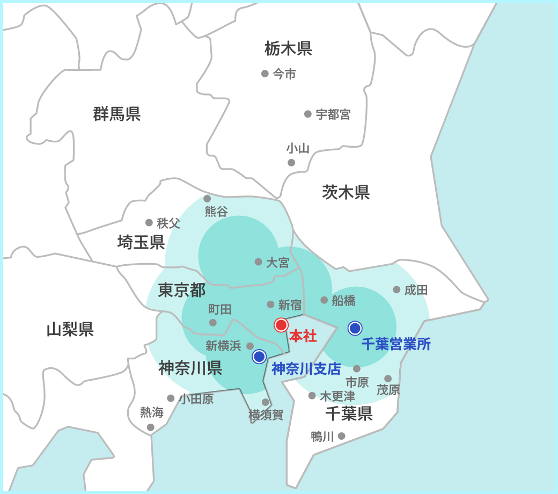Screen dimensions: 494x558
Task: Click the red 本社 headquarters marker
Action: point(281,325)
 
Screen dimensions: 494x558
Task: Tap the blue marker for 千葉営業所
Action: point(355,328)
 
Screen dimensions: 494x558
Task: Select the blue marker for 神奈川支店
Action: point(259,356)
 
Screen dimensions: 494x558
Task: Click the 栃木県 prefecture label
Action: point(288,49)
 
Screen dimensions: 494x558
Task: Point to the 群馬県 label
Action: point(117,114)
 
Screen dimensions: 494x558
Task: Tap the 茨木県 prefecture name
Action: point(346,192)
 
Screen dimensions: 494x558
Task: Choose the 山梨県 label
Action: point(70,329)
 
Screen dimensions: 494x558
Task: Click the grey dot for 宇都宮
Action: point(308,114)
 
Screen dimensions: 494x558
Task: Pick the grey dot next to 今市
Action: point(265,74)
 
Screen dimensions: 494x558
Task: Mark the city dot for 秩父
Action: point(149,222)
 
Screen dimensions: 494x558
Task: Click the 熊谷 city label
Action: point(216,212)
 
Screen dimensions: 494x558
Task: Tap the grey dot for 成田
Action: point(397,289)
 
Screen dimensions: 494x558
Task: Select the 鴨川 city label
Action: point(322,437)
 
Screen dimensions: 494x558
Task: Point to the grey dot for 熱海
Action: point(151,427)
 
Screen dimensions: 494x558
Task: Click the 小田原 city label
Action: point(196,398)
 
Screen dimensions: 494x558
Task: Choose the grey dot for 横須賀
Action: point(265,402)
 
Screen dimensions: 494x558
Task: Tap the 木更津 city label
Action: point(337,396)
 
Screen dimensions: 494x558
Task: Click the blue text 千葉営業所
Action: point(396,344)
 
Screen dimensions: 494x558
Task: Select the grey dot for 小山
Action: point(291,162)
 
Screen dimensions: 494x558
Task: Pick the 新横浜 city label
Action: point(223,346)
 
